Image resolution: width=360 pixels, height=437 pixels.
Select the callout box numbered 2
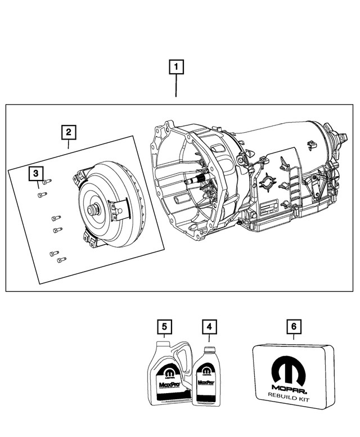pos(68,133)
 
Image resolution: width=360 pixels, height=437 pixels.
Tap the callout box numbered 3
pos(35,173)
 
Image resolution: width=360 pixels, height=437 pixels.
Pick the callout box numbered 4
pos(209,326)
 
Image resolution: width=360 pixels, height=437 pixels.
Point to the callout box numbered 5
pos(164,326)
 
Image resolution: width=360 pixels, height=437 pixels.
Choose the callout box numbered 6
pos(292,326)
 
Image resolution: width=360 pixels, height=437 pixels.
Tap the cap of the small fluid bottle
pos(208,349)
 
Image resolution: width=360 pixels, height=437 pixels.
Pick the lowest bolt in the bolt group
pos(61,260)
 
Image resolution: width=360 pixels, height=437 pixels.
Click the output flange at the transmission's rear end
pos(340,141)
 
